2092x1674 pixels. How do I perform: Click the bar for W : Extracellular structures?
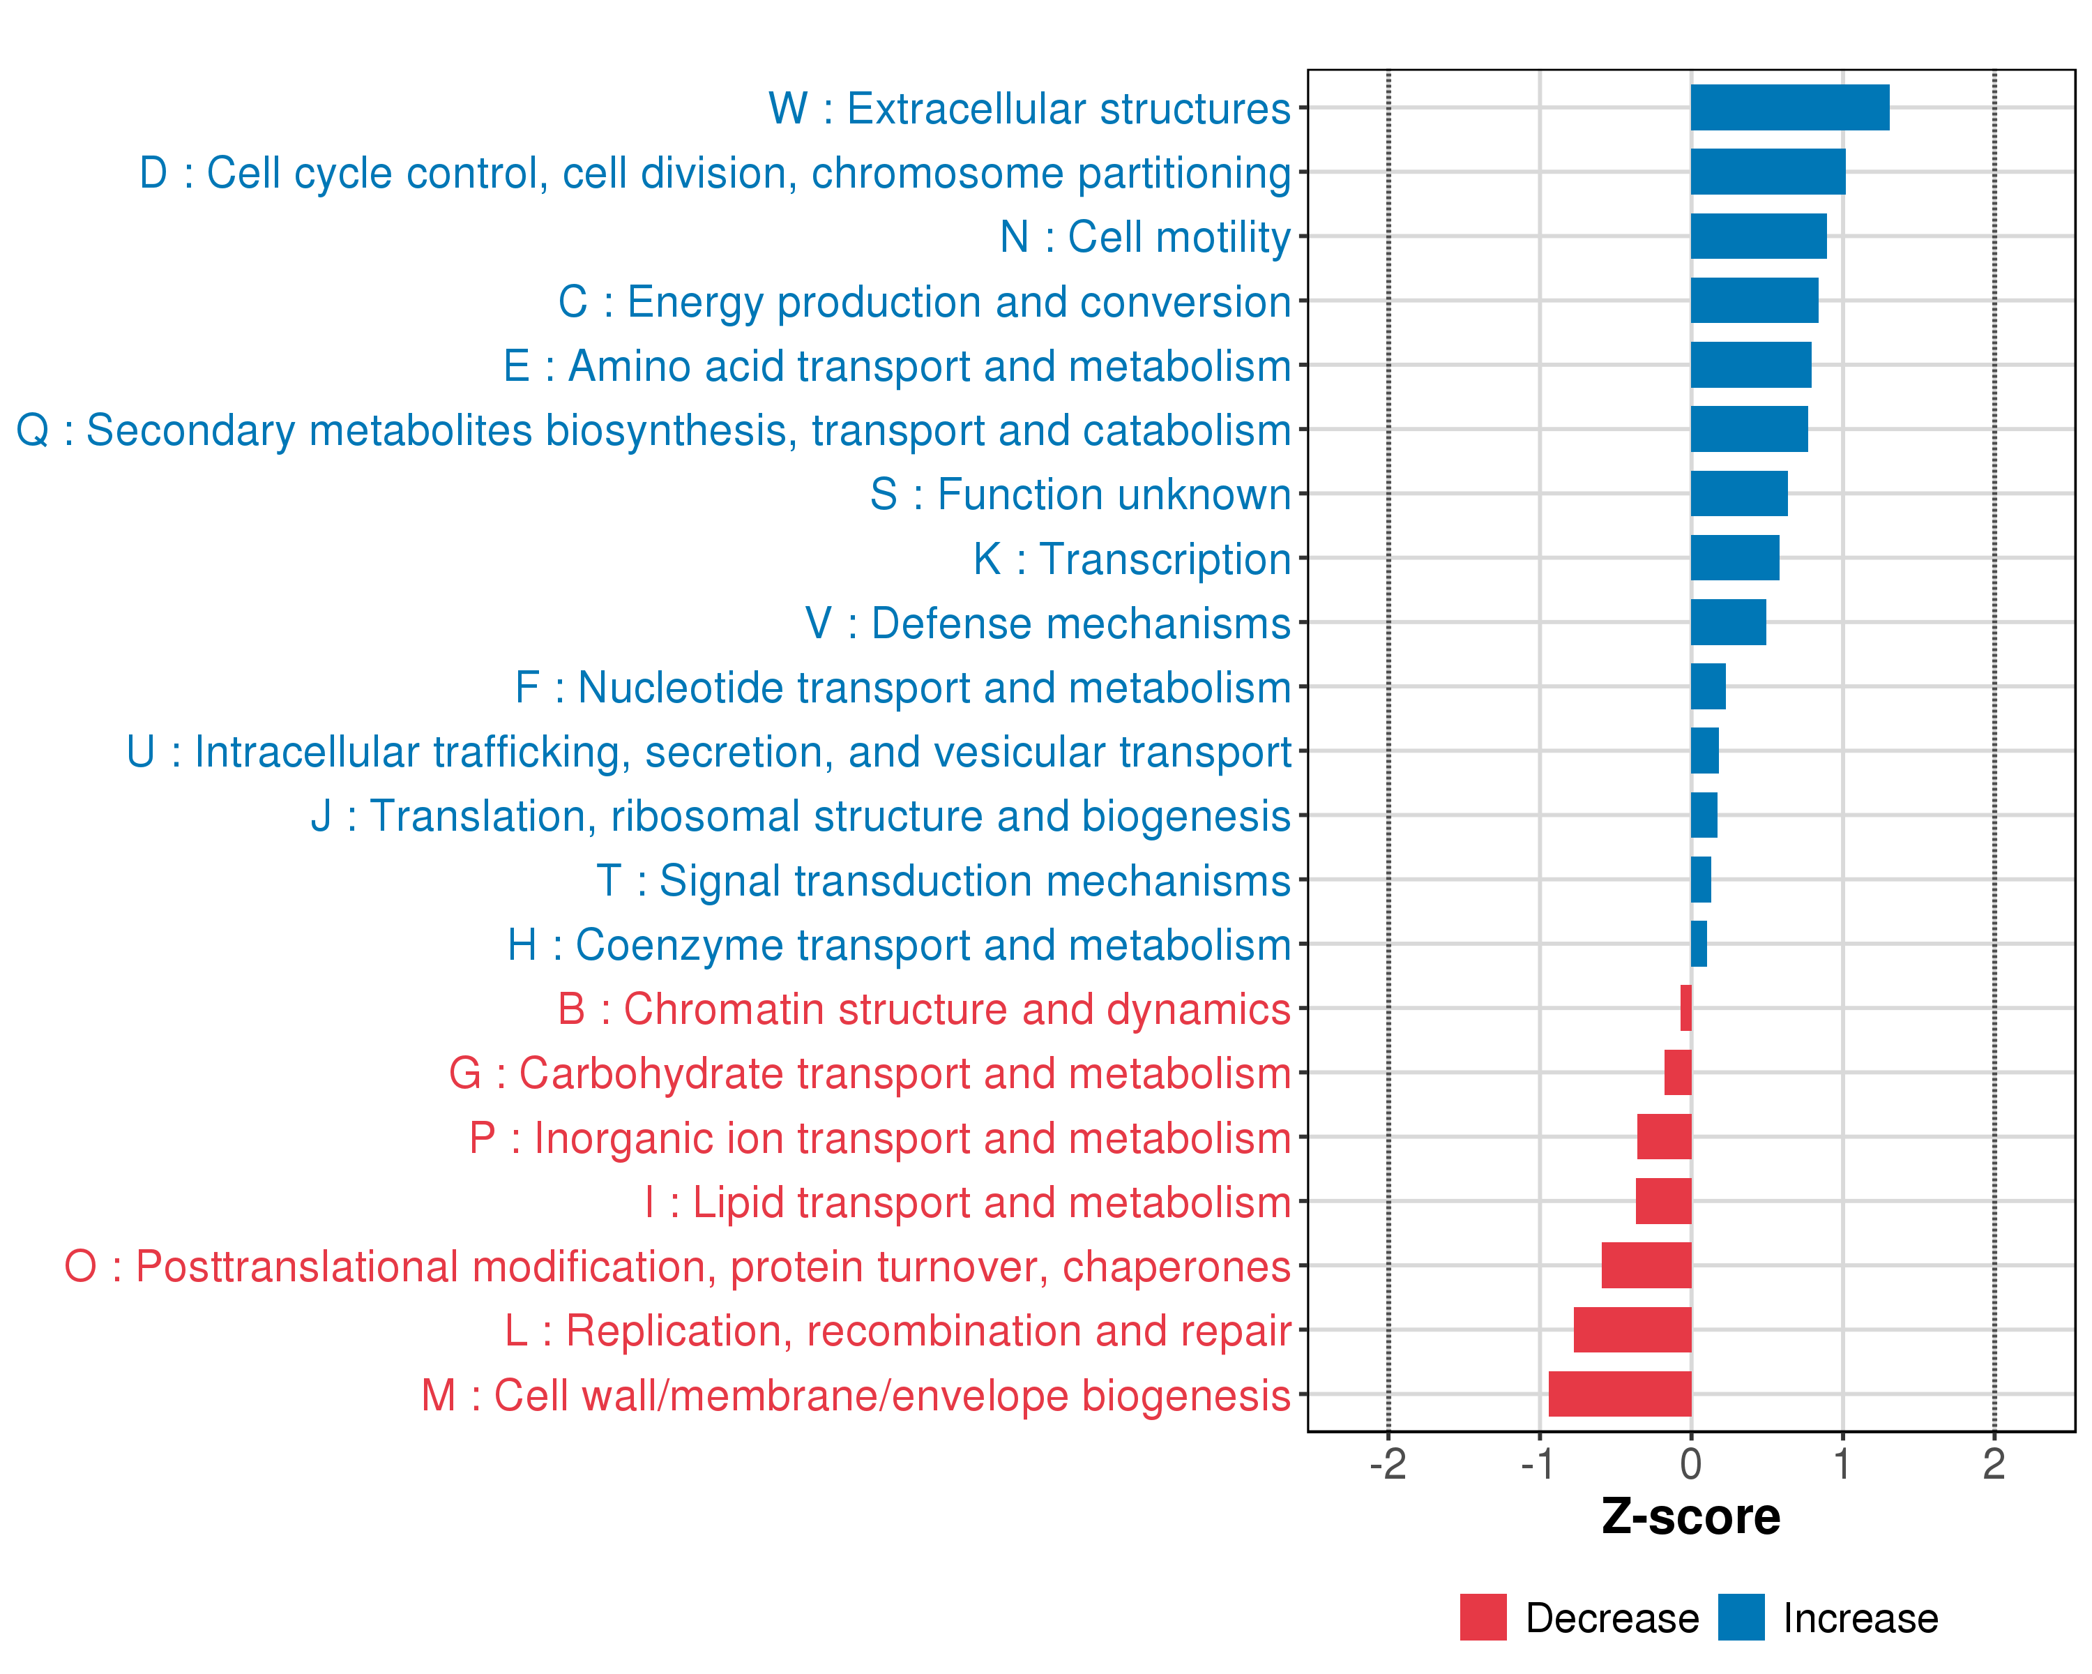point(1789,107)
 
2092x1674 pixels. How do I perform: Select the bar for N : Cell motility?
point(1758,236)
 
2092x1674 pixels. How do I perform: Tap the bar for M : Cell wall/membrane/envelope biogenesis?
point(1619,1394)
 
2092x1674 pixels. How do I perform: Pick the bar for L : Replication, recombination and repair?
point(1632,1329)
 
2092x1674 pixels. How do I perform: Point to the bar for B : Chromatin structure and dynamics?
point(1686,1009)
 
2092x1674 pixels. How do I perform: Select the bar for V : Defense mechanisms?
point(1728,622)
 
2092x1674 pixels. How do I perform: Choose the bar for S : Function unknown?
point(1739,494)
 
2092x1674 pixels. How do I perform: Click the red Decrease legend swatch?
point(1483,1617)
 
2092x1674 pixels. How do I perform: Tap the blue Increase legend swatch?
point(1741,1617)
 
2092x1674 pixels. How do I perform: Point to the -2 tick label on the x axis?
point(1388,1464)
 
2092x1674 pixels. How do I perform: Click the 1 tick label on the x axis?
point(1842,1464)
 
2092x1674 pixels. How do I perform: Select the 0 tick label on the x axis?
point(1691,1464)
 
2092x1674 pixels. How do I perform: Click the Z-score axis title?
point(1691,1517)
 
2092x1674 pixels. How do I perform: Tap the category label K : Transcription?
point(1131,559)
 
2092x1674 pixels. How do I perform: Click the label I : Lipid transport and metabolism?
point(967,1202)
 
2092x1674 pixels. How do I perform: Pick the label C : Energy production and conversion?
point(924,302)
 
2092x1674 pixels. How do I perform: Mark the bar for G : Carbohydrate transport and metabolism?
point(1678,1072)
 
